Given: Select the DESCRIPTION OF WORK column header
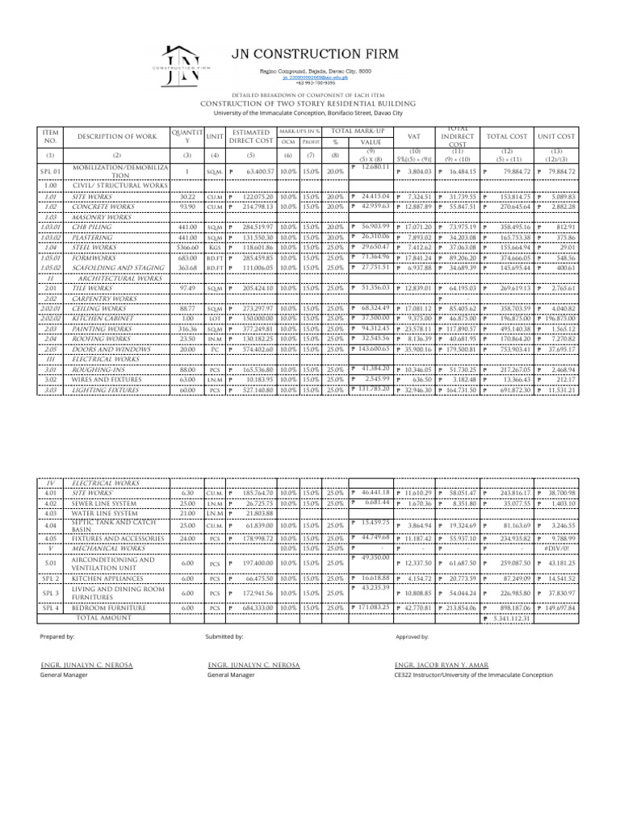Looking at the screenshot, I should (x=116, y=136).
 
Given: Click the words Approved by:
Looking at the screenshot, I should (x=412, y=636).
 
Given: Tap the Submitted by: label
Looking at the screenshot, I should (x=225, y=636).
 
